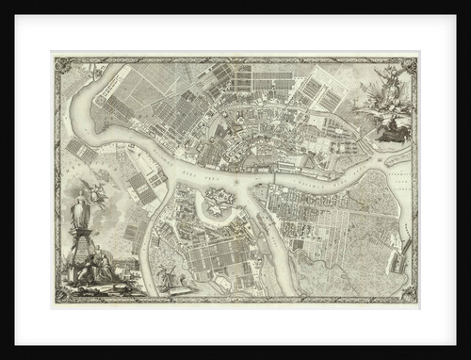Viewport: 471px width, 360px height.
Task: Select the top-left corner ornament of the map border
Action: click(61, 65)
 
